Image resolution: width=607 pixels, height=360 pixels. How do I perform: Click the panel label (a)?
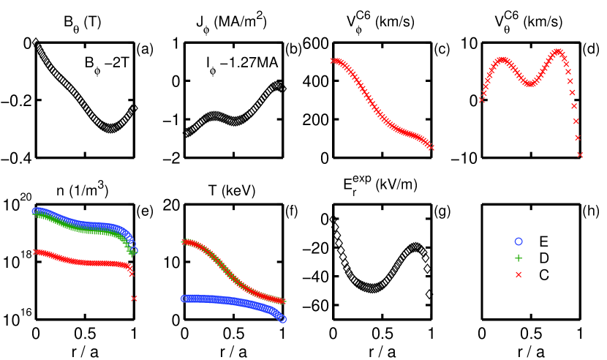pos(145,50)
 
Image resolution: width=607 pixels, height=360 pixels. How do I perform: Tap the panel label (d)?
pos(589,50)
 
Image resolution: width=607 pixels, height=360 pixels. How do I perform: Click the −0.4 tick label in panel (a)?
pos(17,158)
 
